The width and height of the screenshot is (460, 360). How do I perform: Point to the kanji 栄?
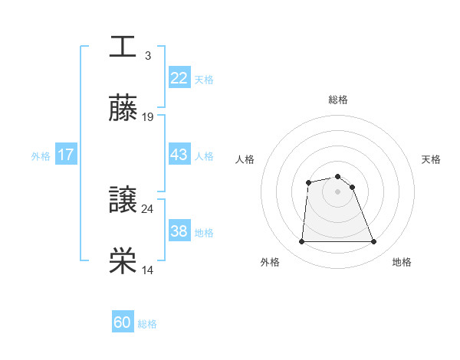pos(123,262)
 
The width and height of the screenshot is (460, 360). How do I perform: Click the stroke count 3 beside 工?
pos(147,55)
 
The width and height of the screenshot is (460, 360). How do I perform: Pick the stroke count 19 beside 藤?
pos(148,116)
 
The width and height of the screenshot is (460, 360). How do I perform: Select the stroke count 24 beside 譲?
pos(148,208)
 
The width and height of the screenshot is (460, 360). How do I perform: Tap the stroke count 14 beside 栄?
pos(148,270)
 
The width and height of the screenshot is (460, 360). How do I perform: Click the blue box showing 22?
pos(179,77)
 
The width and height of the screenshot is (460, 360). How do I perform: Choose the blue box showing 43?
pos(179,154)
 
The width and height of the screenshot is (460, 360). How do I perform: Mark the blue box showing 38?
pos(179,231)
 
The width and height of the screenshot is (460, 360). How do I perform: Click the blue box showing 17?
pos(65,155)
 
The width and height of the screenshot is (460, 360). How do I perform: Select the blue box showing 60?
pos(123,323)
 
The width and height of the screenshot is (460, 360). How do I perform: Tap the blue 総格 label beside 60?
pos(147,324)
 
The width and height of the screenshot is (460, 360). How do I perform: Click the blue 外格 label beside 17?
pos(41,155)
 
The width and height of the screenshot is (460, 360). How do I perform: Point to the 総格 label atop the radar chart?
pos(337,100)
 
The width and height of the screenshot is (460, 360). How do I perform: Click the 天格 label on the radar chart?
pos(431,159)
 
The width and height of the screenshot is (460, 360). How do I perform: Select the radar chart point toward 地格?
pos(374,242)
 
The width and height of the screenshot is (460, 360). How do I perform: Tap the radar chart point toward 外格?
pos(301,242)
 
